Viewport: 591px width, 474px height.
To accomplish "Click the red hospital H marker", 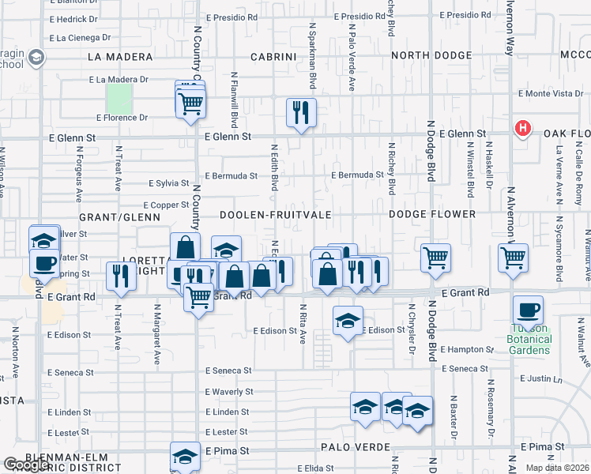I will click(521, 127).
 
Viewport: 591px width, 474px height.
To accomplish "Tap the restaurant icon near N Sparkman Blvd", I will click(301, 111).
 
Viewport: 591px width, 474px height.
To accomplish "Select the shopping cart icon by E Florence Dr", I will click(191, 103).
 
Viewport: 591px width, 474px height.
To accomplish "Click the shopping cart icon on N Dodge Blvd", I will click(435, 258).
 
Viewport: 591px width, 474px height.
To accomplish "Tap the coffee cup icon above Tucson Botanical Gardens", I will click(528, 310).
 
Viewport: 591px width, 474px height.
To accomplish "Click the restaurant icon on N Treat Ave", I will click(121, 273).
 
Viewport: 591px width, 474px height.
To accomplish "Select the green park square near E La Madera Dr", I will click(119, 99).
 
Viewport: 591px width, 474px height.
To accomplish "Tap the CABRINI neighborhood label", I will click(273, 57).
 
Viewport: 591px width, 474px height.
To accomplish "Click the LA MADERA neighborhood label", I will click(119, 57).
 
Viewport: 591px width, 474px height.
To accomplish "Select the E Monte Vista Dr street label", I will click(550, 93).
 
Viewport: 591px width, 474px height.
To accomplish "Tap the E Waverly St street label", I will click(228, 392).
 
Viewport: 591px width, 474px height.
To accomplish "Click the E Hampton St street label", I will click(470, 348).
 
